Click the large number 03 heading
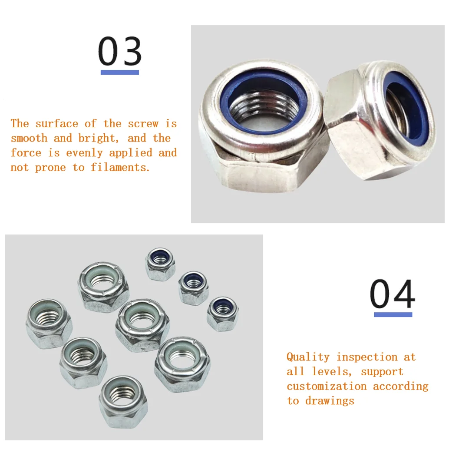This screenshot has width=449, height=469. (x=120, y=51)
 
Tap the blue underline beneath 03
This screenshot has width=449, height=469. (x=120, y=73)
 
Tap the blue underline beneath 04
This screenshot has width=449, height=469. (x=393, y=314)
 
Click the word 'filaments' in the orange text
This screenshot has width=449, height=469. (x=120, y=168)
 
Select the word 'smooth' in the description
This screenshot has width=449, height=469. (x=29, y=139)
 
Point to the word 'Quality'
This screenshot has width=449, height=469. (x=308, y=357)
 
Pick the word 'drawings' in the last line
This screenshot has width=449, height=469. (x=330, y=401)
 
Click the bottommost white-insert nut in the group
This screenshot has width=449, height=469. (x=123, y=401)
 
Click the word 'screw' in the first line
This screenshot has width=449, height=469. (x=143, y=124)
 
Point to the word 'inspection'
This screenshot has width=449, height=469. (x=366, y=357)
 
